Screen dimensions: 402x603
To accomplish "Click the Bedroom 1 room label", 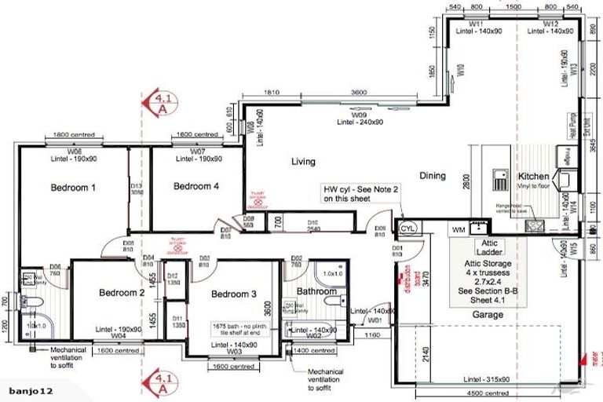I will tap(73, 188).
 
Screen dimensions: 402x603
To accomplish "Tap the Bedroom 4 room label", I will tap(196, 186).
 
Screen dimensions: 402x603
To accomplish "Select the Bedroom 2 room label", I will tap(122, 293).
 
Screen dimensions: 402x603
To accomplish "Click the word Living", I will tap(303, 162).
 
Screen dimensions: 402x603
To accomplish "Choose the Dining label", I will tap(432, 176).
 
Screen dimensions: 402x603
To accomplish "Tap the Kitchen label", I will tap(533, 177).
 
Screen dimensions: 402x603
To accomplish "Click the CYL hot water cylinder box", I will tap(407, 228).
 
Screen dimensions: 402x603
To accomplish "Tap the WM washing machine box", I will tap(459, 230).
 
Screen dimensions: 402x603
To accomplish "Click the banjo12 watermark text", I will tap(28, 390).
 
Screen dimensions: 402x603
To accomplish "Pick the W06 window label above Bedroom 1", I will tap(75, 150).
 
